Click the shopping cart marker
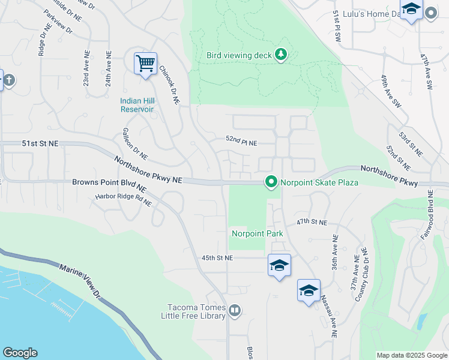(x=145, y=62)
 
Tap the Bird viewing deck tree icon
(x=281, y=55)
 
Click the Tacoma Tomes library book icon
(x=235, y=311)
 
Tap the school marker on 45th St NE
(x=279, y=265)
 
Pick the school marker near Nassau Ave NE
(x=309, y=291)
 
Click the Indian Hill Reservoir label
(x=136, y=105)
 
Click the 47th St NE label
(x=312, y=222)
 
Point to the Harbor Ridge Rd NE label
(x=123, y=199)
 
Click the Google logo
(x=20, y=353)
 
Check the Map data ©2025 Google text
(x=411, y=355)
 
